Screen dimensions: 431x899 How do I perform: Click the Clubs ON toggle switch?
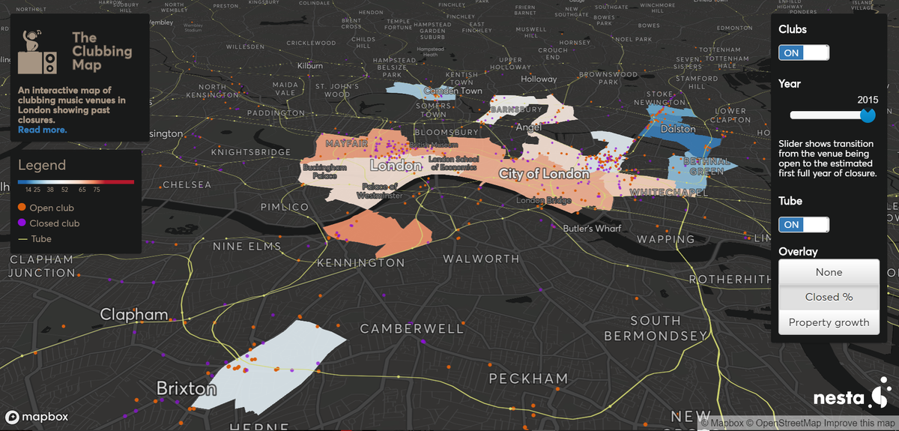(804, 52)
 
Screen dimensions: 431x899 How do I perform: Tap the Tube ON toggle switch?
(804, 224)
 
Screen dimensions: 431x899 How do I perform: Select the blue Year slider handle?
(868, 115)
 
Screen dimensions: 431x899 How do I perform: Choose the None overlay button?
(829, 272)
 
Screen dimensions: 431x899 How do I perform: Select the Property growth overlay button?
(829, 322)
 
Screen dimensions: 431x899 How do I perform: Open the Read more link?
(42, 130)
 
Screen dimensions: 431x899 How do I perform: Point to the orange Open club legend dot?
(22, 208)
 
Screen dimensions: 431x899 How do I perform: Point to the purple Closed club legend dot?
(22, 223)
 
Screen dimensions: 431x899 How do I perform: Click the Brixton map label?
(186, 388)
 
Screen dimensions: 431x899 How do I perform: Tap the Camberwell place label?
(412, 329)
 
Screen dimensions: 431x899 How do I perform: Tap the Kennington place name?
(360, 263)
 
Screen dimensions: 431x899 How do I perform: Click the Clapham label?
(134, 314)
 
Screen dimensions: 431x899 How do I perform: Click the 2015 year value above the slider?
(868, 100)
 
